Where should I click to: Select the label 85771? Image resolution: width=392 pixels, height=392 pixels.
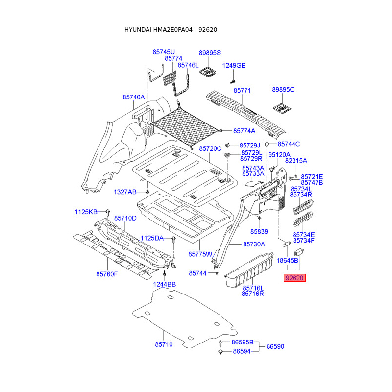coord(242,91)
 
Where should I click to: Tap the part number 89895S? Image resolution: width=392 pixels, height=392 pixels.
coord(210,53)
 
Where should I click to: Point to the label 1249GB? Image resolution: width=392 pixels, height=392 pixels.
coord(234,66)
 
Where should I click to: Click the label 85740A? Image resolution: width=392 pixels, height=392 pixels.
coord(134,97)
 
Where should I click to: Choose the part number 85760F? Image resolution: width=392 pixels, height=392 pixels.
coord(107,274)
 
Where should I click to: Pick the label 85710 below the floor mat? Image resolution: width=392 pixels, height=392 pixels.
coord(164,344)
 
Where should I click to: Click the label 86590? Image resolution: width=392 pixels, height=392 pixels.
coord(275,346)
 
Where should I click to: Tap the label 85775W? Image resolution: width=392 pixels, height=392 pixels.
coord(200,254)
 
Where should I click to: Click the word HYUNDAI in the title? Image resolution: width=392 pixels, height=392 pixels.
coord(138,30)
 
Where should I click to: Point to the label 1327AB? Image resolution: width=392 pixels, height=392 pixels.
coord(125,192)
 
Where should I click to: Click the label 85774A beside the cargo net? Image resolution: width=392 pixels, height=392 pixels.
coord(245,131)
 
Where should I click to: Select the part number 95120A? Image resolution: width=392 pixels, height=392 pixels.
coord(279,154)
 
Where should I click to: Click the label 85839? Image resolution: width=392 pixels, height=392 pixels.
coord(260,231)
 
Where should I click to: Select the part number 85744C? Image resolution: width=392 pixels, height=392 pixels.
coord(289,144)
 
